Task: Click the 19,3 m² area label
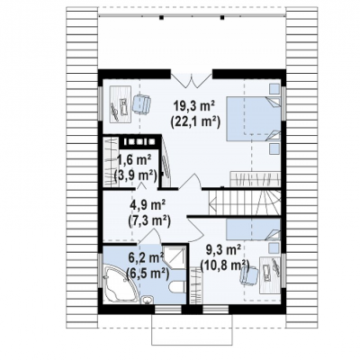[x=195, y=106]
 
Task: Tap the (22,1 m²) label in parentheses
[x=195, y=121]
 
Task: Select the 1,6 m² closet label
[x=133, y=160]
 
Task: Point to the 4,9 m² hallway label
[x=148, y=207]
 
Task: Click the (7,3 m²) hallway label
[x=149, y=221]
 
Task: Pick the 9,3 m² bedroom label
[x=223, y=249]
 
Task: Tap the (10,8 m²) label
[x=225, y=265]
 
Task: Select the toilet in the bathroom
[x=177, y=287]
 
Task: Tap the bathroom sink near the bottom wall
[x=147, y=299]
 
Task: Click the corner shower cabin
[x=175, y=257]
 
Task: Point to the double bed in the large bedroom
[x=254, y=118]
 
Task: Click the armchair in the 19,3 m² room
[x=141, y=103]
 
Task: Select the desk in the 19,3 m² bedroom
[x=120, y=103]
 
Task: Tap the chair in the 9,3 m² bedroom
[x=248, y=274]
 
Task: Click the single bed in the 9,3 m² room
[x=254, y=229]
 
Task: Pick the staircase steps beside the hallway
[x=245, y=202]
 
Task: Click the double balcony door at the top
[x=192, y=79]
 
